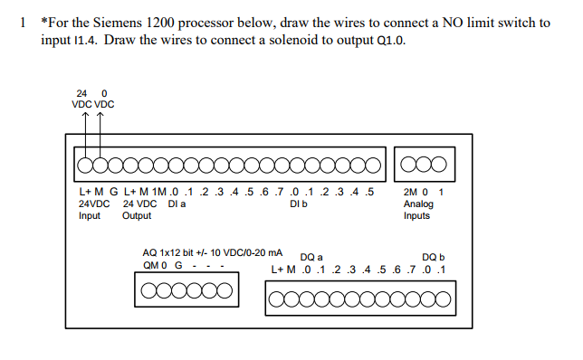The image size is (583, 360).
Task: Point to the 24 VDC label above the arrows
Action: (x=81, y=99)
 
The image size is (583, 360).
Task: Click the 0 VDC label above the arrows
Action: (x=104, y=99)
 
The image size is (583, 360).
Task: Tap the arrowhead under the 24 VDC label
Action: (x=85, y=115)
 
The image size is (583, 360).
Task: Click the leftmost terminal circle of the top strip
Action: (x=85, y=165)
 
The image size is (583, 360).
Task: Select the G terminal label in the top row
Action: (x=114, y=192)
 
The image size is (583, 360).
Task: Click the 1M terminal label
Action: (x=159, y=192)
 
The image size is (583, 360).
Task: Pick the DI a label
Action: (x=177, y=204)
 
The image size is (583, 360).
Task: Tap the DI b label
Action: (x=299, y=204)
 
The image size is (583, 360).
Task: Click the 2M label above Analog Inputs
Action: (x=410, y=192)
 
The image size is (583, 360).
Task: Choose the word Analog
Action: (x=418, y=204)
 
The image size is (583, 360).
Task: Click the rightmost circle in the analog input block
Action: (x=439, y=164)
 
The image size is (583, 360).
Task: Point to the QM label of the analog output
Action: (x=151, y=265)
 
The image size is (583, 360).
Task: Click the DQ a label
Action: (x=311, y=257)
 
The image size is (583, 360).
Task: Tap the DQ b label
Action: (x=433, y=257)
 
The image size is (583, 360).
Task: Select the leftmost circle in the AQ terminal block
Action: (x=148, y=290)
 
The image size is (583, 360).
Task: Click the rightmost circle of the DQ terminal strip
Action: (x=443, y=299)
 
